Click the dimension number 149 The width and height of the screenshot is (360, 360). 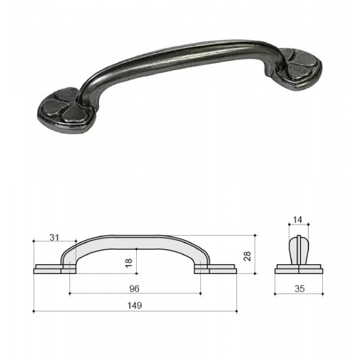(x=134, y=305)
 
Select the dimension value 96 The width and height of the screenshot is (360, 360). (x=134, y=289)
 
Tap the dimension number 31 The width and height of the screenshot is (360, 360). (x=55, y=238)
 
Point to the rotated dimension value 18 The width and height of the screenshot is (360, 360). (x=129, y=263)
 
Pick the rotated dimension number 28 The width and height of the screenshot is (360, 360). (x=247, y=256)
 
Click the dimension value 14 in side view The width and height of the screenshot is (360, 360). (x=298, y=220)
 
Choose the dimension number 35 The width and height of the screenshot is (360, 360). (x=299, y=289)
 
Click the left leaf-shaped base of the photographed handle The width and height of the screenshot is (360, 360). (x=65, y=110)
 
